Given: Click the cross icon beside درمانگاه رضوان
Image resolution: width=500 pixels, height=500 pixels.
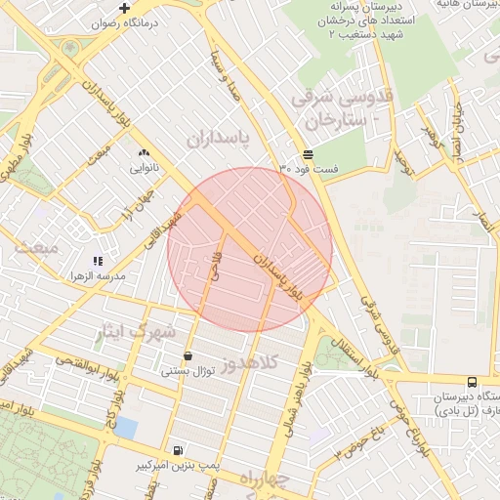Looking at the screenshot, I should point(124,8).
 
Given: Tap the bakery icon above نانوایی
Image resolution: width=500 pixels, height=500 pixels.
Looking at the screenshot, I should point(145,152).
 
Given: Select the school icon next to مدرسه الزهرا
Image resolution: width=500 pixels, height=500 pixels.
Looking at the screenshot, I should point(97,262).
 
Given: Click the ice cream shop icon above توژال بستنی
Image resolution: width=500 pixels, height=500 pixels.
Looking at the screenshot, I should point(187,356).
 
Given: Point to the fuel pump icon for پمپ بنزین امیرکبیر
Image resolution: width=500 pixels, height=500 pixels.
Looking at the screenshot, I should point(177,450).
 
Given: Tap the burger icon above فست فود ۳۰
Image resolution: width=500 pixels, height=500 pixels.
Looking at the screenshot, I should point(309,154).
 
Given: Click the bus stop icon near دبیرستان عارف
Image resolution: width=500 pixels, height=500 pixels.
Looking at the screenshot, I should point(473,382).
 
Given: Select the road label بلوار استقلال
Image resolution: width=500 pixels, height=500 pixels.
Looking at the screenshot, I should point(344,356).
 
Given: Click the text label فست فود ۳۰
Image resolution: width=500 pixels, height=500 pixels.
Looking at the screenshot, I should point(309,170).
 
